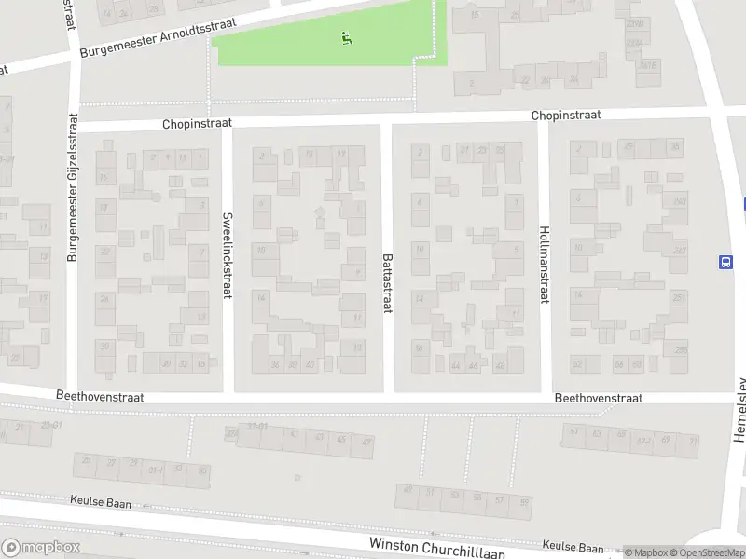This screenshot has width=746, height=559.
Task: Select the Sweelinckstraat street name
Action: pos(227,254)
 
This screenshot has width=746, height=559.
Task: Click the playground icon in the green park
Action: pos(347,38)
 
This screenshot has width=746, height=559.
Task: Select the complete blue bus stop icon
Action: pos(726,262)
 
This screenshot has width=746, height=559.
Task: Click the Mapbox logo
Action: pos(40,548)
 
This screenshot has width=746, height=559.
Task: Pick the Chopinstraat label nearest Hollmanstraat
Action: pos(566,116)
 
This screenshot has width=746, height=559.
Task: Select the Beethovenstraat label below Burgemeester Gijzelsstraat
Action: pos(100,396)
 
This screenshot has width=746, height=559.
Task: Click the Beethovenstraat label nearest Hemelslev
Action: pos(599,398)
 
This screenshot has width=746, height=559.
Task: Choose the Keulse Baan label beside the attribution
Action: pos(573,547)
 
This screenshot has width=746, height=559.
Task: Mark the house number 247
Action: pos(680,250)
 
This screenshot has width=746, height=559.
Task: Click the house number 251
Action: pos(680,297)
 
